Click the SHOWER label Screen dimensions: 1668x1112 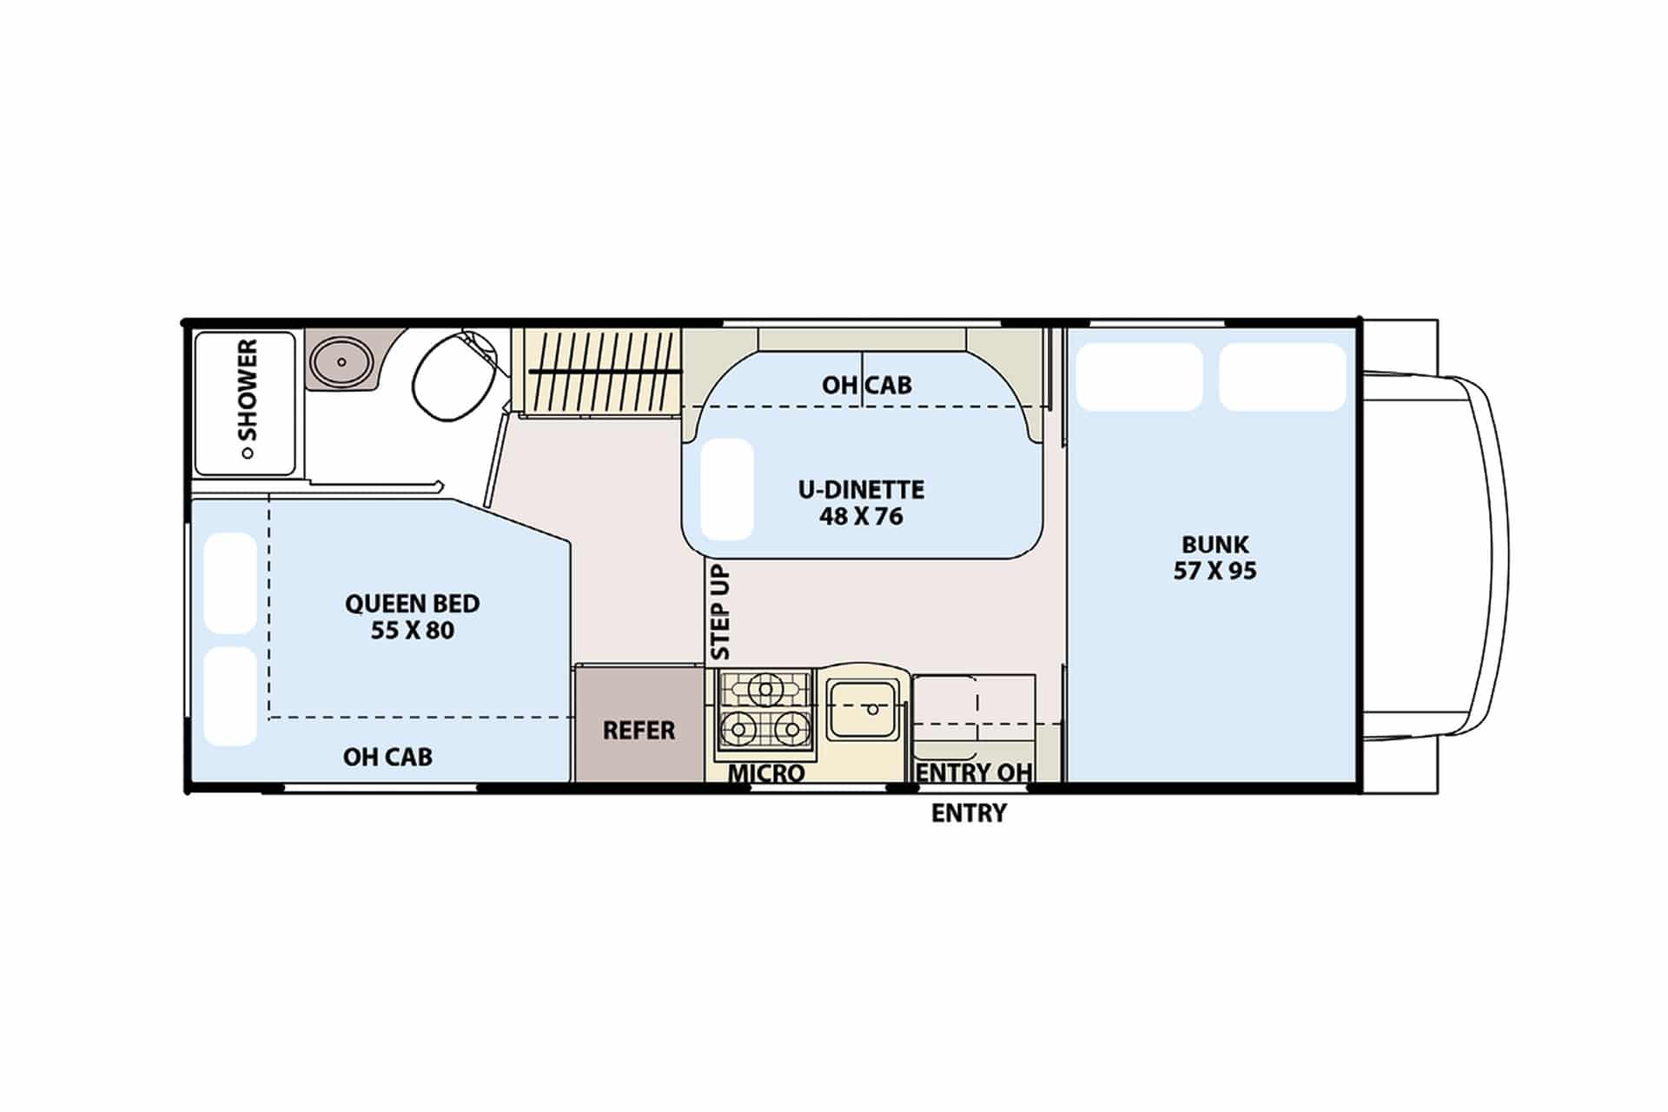[x=248, y=389]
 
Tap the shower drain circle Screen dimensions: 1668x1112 [x=248, y=453]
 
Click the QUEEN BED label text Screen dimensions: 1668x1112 [x=413, y=603]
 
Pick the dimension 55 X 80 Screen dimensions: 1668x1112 [x=413, y=630]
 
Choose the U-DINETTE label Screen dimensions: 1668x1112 [x=862, y=489]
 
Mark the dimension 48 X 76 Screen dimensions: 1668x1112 [x=862, y=516]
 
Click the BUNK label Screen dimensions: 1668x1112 [x=1215, y=545]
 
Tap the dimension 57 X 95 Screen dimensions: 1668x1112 [x=1215, y=571]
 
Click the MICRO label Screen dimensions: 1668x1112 [x=766, y=772]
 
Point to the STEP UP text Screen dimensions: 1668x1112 [x=720, y=612]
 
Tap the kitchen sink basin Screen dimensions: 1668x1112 [x=864, y=708]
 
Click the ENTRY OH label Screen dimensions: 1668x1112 [x=974, y=772]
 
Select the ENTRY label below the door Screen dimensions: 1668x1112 [x=970, y=813]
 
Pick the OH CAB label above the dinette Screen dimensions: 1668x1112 [x=867, y=385]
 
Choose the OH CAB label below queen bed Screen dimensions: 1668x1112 [x=387, y=757]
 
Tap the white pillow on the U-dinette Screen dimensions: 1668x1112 [x=726, y=489]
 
